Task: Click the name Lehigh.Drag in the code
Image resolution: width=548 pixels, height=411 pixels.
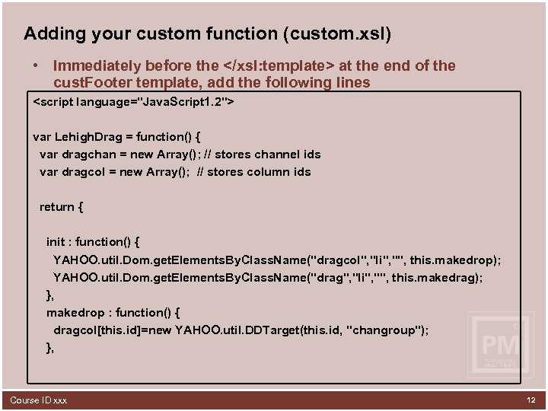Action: pyautogui.click(x=90, y=137)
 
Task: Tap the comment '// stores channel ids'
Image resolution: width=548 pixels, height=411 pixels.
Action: pyautogui.click(x=262, y=155)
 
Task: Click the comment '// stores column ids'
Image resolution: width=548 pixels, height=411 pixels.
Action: pyautogui.click(x=254, y=172)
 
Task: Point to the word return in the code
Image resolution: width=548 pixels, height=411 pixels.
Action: pyautogui.click(x=57, y=207)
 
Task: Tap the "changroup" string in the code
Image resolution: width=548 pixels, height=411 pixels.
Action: pyautogui.click(x=386, y=330)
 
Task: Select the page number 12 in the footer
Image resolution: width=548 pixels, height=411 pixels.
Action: pyautogui.click(x=530, y=400)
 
